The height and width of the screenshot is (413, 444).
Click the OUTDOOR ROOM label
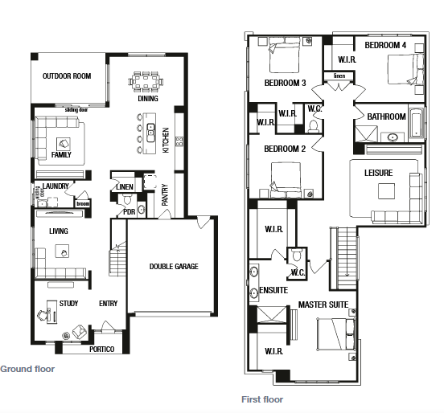tap(67, 76)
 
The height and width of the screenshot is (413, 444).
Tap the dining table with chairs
tap(146, 82)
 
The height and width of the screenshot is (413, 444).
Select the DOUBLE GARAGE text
tap(174, 267)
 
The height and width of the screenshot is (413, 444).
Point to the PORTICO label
tap(102, 350)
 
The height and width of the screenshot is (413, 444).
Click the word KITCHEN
tap(166, 141)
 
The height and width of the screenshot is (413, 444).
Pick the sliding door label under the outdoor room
tap(76, 110)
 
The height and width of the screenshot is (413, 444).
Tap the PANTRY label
tap(165, 195)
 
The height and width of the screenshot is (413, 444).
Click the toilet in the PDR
tap(127, 199)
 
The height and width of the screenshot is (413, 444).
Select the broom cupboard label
tap(83, 203)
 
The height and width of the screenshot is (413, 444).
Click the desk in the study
tap(51, 312)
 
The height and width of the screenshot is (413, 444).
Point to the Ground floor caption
tap(27, 369)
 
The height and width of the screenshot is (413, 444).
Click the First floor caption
tap(262, 399)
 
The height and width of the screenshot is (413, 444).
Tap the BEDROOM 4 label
tap(385, 45)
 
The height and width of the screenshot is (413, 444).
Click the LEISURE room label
tap(379, 173)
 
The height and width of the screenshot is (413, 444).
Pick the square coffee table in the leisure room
tap(387, 191)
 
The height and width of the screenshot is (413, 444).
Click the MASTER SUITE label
tap(323, 305)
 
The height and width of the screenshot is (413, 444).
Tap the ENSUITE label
tap(273, 290)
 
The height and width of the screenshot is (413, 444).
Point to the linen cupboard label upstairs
tap(339, 76)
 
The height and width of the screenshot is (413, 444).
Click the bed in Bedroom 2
tap(286, 180)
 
